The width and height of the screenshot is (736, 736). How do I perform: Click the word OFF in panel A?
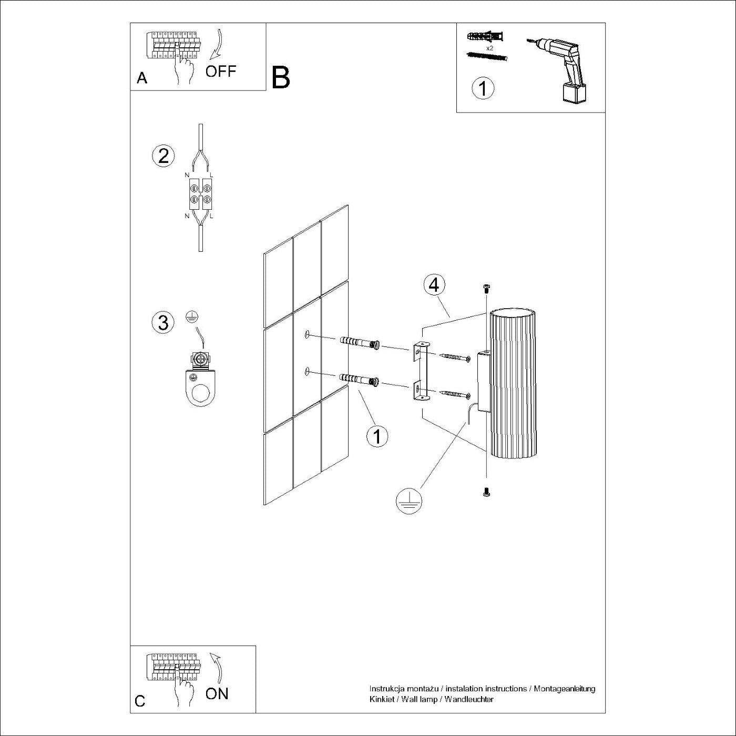tap(221, 71)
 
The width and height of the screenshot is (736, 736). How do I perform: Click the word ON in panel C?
tap(217, 693)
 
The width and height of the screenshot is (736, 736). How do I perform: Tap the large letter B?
tap(281, 78)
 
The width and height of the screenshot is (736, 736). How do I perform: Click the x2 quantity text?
tap(489, 48)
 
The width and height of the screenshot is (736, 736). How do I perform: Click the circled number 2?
tap(163, 156)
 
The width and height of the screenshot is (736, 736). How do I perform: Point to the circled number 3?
tap(163, 322)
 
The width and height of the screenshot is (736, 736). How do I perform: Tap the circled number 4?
tap(434, 285)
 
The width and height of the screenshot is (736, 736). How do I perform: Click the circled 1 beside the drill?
tap(483, 88)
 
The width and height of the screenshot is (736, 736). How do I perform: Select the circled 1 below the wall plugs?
tap(377, 436)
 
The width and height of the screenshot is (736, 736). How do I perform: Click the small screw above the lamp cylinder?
tap(486, 288)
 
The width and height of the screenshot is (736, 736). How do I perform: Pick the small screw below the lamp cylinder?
tap(486, 492)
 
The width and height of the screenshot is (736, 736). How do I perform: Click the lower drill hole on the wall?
tap(306, 372)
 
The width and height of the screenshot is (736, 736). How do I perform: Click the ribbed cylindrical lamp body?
tap(513, 384)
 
